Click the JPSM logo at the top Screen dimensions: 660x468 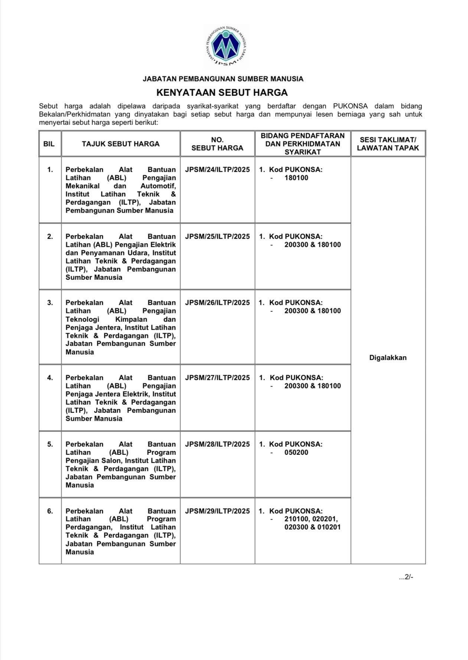(227, 46)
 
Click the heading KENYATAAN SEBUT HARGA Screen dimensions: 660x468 (222, 92)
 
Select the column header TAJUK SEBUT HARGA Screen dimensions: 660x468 (121, 144)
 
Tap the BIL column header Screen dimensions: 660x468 (49, 144)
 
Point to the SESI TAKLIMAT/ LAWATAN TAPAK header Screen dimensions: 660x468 (388, 144)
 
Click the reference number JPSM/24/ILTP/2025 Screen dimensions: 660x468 (217, 170)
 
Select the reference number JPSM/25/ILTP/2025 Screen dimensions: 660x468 (217, 237)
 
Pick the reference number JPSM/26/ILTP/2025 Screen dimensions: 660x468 (217, 303)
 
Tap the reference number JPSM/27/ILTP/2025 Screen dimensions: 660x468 (217, 378)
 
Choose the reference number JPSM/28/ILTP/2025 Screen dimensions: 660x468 (217, 444)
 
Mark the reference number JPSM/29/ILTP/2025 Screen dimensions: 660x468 (217, 511)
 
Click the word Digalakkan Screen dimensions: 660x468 (388, 358)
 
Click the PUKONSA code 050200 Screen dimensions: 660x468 (296, 453)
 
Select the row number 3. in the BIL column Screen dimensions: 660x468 (50, 303)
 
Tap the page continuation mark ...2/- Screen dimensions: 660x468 (406, 577)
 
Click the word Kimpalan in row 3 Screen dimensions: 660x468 (131, 320)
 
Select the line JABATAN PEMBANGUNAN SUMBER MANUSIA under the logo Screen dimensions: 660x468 (223, 79)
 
